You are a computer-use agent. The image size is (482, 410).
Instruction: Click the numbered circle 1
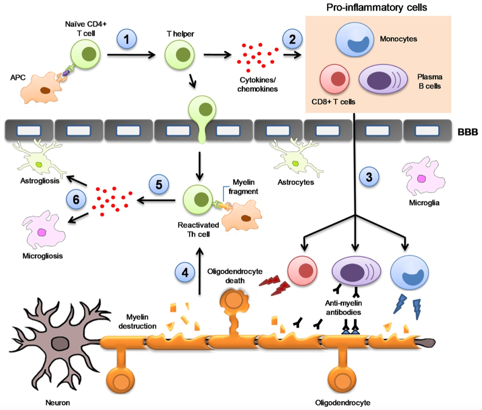(127, 39)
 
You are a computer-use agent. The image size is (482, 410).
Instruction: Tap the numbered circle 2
(292, 39)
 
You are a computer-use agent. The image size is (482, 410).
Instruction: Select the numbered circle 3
(369, 177)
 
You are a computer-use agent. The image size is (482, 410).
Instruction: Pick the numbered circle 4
(185, 272)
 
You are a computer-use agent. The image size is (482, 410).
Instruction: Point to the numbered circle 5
(159, 184)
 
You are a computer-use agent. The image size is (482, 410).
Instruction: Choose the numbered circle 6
(76, 200)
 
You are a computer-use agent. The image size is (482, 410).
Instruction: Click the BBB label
(468, 132)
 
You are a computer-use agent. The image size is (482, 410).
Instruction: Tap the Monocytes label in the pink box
(398, 39)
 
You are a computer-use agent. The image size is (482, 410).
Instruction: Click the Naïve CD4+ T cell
(85, 54)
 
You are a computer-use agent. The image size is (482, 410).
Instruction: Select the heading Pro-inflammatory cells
(377, 7)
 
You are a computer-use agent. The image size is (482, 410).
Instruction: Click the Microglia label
(424, 203)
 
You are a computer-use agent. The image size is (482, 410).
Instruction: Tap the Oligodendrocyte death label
(235, 276)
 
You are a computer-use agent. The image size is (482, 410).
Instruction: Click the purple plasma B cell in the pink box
(382, 79)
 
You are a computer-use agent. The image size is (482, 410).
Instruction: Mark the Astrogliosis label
(40, 181)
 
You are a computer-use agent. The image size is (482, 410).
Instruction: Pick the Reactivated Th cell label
(198, 230)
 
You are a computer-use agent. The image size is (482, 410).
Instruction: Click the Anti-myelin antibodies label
(343, 308)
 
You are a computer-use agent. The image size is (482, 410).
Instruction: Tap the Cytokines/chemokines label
(257, 84)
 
